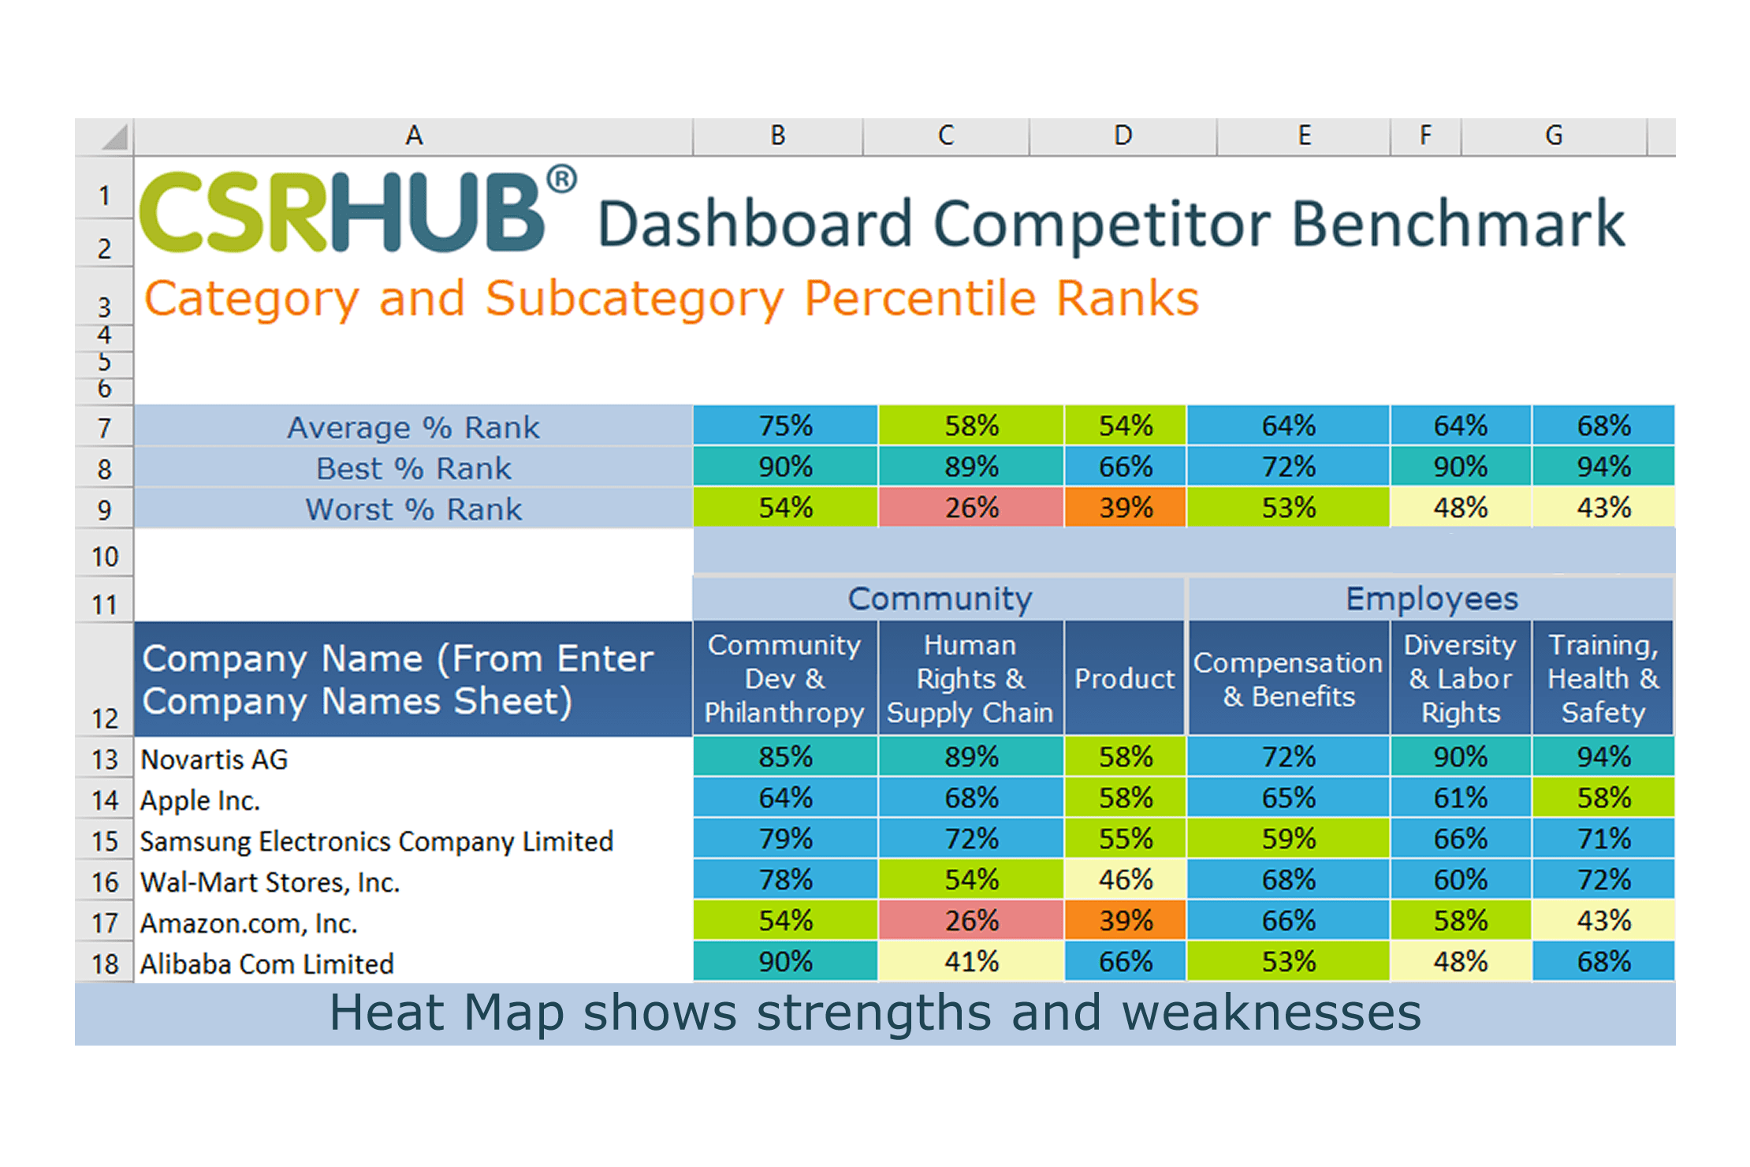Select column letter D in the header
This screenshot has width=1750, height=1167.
[1123, 136]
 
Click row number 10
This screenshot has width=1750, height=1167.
[105, 557]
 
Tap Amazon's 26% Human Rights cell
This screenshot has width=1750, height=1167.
[971, 920]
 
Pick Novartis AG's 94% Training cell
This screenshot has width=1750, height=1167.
[1603, 757]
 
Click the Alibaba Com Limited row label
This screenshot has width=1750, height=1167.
[266, 964]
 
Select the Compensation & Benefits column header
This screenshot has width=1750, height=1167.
[1288, 679]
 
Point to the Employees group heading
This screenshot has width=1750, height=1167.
[1431, 598]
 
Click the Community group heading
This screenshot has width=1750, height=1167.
[939, 598]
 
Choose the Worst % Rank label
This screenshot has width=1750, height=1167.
[413, 509]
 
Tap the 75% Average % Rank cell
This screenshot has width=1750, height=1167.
[785, 426]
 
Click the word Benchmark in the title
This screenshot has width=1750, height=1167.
[1458, 224]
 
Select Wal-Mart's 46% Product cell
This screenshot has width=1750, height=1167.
[1125, 879]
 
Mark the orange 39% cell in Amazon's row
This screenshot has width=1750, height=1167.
[1125, 920]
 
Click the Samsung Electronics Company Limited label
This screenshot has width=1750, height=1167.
[376, 841]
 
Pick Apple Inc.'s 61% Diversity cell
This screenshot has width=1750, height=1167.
[1460, 798]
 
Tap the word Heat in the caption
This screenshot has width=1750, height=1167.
[386, 1012]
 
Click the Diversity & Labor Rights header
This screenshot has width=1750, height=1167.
[1460, 679]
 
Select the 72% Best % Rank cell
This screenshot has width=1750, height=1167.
[1288, 467]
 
